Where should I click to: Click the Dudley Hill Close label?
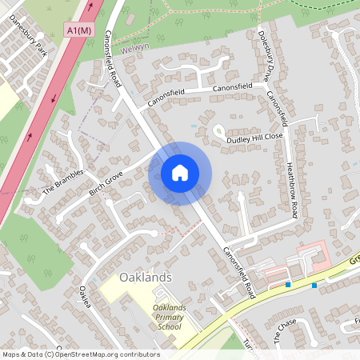click(x=255, y=138)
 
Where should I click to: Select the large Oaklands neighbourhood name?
click(x=146, y=277)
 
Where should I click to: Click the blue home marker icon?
click(x=180, y=173)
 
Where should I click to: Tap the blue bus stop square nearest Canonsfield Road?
click(x=288, y=284)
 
